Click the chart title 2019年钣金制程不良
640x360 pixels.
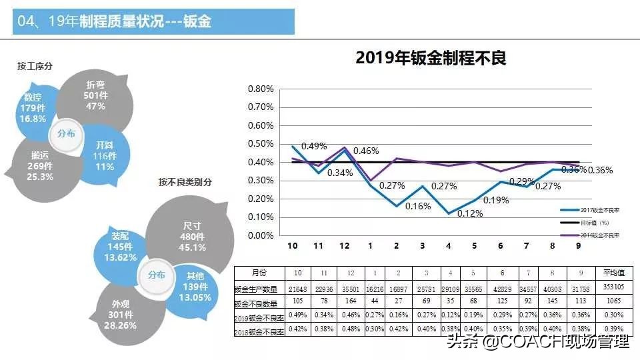(431, 58)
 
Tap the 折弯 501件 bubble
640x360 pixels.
(95, 97)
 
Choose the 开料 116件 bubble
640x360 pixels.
(104, 156)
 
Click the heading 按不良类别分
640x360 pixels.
(185, 182)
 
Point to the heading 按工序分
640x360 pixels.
(35, 66)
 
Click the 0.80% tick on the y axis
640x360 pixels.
(261, 89)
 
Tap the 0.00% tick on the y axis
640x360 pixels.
(261, 235)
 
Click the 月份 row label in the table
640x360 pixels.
(259, 273)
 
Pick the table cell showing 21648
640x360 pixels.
(298, 288)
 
